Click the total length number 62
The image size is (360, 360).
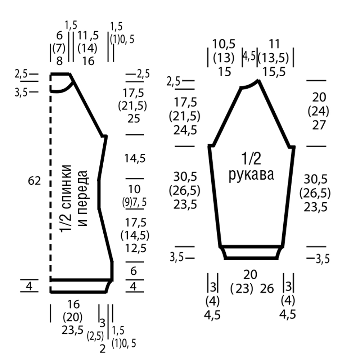click(x=34, y=181)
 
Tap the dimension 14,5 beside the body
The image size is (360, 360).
click(x=135, y=158)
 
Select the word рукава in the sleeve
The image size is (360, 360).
click(x=251, y=175)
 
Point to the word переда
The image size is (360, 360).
click(x=83, y=198)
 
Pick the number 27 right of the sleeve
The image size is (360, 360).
click(x=319, y=125)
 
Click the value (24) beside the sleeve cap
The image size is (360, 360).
click(x=319, y=112)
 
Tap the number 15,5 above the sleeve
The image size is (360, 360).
click(x=274, y=72)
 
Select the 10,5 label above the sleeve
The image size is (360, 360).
click(x=224, y=44)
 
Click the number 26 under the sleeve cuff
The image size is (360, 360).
click(x=267, y=289)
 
